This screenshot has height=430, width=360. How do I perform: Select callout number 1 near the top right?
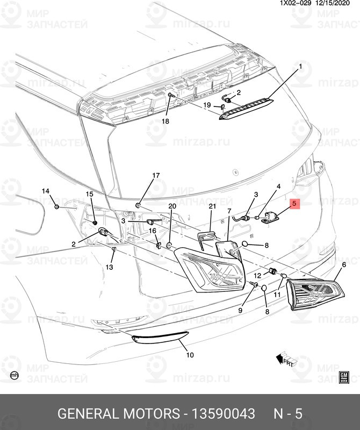click(x=300, y=67)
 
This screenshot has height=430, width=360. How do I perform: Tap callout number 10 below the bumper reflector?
click(x=190, y=355)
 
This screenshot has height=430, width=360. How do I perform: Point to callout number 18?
click(x=165, y=121)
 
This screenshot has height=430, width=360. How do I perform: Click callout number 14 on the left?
click(x=46, y=191)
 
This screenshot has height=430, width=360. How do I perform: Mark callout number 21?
click(x=212, y=206)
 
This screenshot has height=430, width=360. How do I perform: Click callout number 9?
click(x=241, y=310)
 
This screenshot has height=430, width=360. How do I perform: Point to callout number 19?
click(x=206, y=105)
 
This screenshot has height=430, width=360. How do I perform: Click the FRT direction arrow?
click(x=286, y=357)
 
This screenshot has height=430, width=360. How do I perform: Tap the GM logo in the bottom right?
click(x=344, y=376)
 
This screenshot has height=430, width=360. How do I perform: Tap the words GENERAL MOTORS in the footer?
click(x=118, y=414)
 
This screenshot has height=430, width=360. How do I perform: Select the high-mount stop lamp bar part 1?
click(x=245, y=106)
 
